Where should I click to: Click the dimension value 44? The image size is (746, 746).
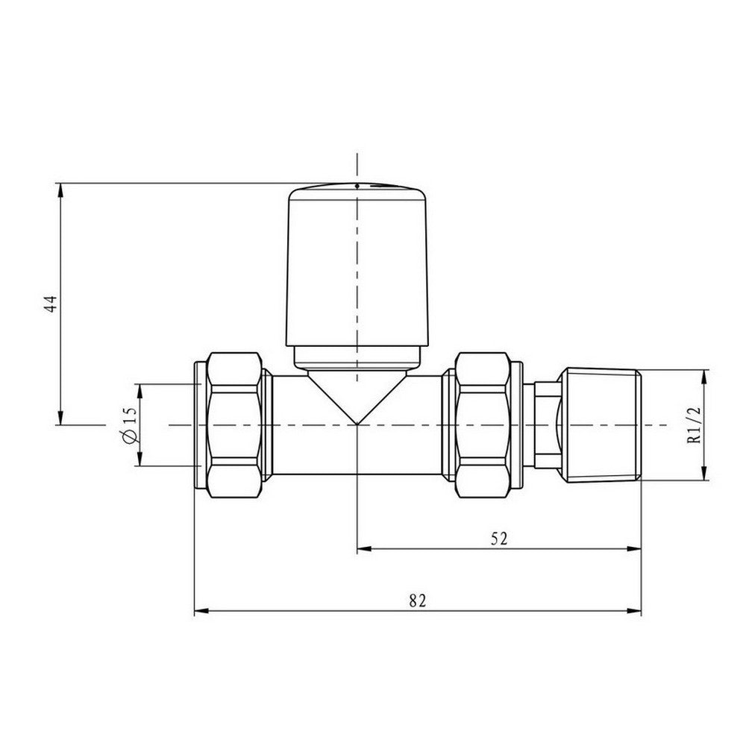coord(50,304)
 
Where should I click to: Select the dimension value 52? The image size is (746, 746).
coord(499,539)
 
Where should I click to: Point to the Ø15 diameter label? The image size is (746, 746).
coord(129,425)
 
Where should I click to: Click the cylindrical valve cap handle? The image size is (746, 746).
coord(357,269)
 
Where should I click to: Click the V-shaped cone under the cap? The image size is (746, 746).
coord(357,395)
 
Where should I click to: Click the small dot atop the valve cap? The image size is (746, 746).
coord(357,185)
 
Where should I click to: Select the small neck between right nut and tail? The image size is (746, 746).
coord(546,425)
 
